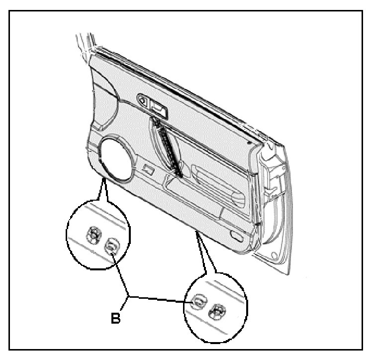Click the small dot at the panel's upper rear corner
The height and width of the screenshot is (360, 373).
click(x=249, y=141)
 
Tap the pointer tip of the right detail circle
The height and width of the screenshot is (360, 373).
click(x=198, y=232)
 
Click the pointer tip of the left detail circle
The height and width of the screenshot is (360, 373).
click(x=103, y=178)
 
